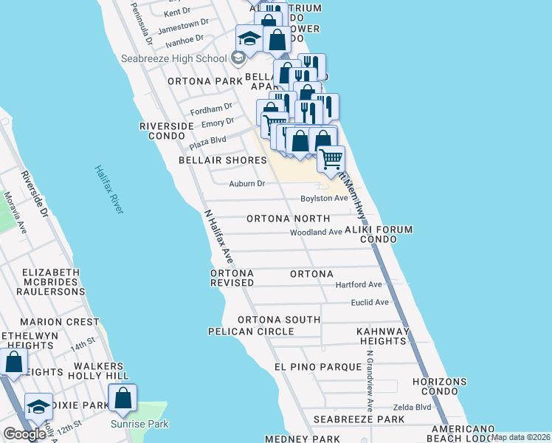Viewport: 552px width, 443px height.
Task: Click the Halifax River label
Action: (108, 190)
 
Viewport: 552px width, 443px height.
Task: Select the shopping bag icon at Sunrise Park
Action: (123, 398)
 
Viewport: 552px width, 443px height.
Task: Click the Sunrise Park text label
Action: (139, 424)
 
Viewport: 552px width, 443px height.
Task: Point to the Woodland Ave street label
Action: (316, 232)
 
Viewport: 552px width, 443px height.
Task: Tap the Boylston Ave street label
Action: (323, 199)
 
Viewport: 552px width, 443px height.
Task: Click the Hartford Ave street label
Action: (359, 284)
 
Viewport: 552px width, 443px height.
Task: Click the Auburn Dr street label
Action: (246, 183)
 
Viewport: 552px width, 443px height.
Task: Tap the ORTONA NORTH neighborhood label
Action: (288, 219)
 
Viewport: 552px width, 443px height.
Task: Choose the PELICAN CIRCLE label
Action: (251, 332)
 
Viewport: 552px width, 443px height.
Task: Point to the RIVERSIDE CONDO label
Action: (166, 131)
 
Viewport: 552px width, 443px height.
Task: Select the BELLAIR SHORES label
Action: (222, 160)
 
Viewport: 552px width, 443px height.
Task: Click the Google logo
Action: (24, 434)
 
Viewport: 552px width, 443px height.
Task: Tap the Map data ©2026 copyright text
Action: (521, 437)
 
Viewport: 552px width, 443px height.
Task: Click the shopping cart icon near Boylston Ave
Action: (331, 158)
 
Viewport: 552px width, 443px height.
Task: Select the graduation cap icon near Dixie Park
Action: (38, 407)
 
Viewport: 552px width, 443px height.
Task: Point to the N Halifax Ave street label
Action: (219, 237)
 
